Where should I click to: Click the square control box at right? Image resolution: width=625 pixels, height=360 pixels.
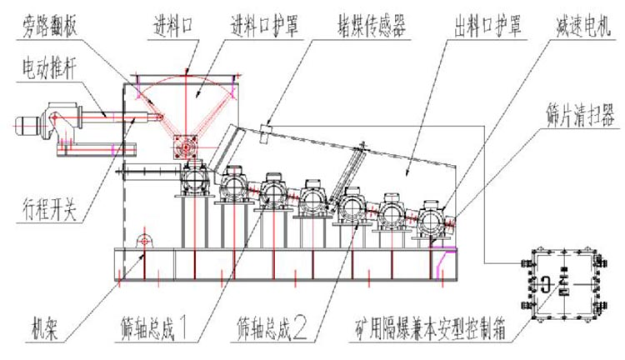(562, 287)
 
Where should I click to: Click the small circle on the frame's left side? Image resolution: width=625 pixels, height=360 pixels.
(144, 241)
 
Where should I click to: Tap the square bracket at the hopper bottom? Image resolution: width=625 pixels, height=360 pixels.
(183, 147)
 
